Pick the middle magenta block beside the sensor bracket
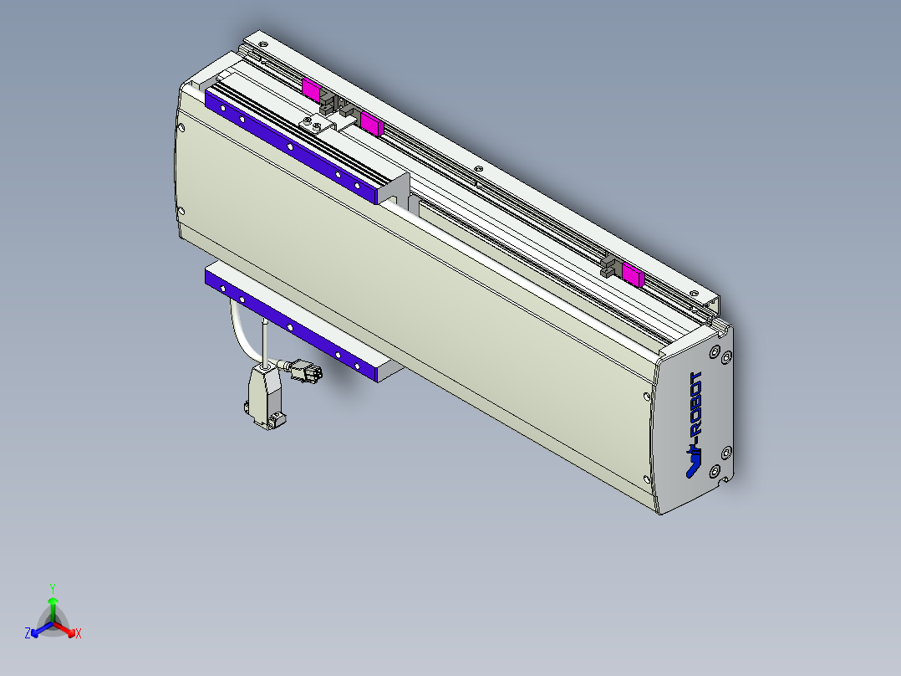click(x=370, y=124)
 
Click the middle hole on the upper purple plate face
click(x=289, y=146)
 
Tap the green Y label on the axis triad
click(x=52, y=587)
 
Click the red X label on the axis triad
click(x=78, y=634)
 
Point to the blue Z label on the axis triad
click(x=28, y=634)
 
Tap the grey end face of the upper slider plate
click(x=393, y=188)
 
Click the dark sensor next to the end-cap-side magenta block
click(x=610, y=269)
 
